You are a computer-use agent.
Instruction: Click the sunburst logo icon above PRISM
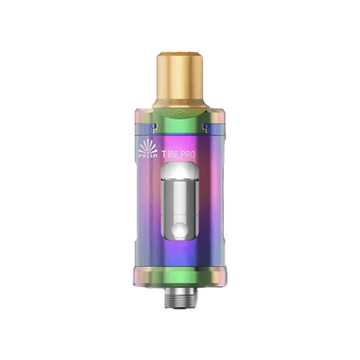pos(148,145)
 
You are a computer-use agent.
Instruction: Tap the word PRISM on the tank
pos(148,154)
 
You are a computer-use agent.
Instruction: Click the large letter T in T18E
pos(166,153)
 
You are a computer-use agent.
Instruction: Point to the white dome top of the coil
pos(180,171)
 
